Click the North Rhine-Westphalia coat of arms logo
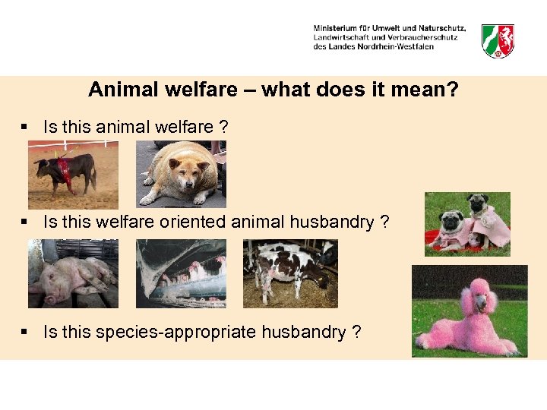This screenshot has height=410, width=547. click(498, 39)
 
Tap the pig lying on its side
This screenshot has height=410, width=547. click(72, 277)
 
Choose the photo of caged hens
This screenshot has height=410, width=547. click(181, 273)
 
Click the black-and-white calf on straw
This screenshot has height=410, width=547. click(285, 271)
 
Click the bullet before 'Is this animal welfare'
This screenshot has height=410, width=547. click(26, 127)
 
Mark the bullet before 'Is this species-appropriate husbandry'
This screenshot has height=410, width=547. click(26, 332)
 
